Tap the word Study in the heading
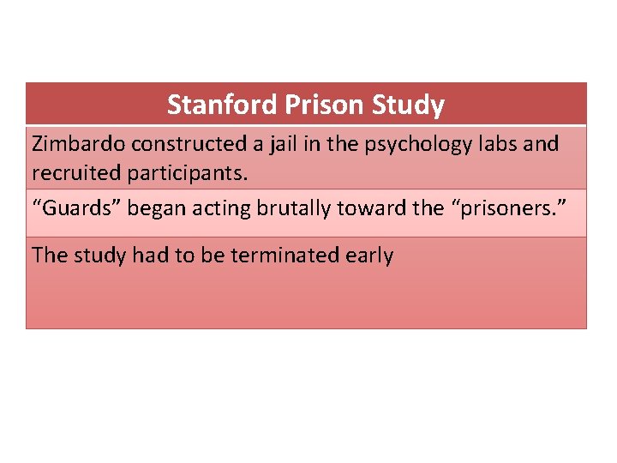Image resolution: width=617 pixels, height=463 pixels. (x=408, y=105)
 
